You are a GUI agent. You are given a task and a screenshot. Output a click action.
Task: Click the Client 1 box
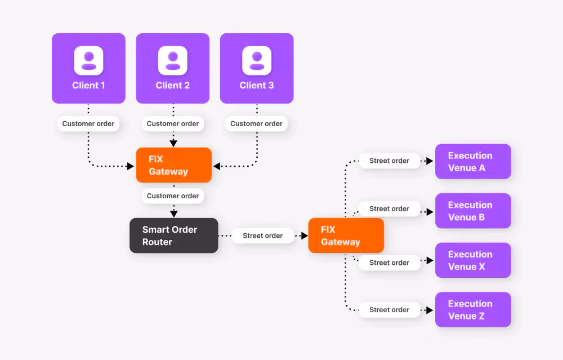[x=88, y=68]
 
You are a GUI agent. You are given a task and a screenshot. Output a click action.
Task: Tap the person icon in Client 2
[x=173, y=60]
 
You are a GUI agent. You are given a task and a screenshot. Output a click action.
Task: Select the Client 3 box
[x=257, y=68]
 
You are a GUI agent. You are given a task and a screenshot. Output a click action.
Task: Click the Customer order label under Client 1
[x=88, y=123]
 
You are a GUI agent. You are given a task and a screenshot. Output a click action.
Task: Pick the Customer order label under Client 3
[x=256, y=123]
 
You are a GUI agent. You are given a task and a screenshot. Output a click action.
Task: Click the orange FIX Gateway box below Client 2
[x=174, y=165]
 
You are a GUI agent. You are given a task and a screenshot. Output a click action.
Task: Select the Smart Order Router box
[x=174, y=235]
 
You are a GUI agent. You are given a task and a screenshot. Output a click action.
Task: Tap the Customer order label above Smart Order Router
[x=173, y=196]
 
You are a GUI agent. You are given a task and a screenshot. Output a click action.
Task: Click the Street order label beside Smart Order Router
[x=263, y=235]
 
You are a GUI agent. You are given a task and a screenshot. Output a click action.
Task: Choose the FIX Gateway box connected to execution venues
[x=346, y=235]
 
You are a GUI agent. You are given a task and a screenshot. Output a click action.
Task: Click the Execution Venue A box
[x=473, y=161]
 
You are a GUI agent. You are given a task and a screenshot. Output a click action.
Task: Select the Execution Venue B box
[x=473, y=211]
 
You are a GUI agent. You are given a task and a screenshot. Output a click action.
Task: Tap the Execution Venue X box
[x=473, y=260]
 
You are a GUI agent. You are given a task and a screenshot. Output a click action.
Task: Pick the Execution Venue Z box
[x=473, y=309]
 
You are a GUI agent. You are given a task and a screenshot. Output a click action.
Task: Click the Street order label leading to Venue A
[x=389, y=161]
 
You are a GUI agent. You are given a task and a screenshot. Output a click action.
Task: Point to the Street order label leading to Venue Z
[x=389, y=310]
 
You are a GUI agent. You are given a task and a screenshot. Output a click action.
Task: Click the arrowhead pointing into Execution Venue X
[x=430, y=260]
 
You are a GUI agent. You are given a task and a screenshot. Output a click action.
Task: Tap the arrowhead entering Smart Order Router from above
[x=174, y=214]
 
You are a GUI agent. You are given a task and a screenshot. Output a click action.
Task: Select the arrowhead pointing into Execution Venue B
[x=430, y=212]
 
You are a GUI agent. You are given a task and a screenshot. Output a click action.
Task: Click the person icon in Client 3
[x=257, y=60]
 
